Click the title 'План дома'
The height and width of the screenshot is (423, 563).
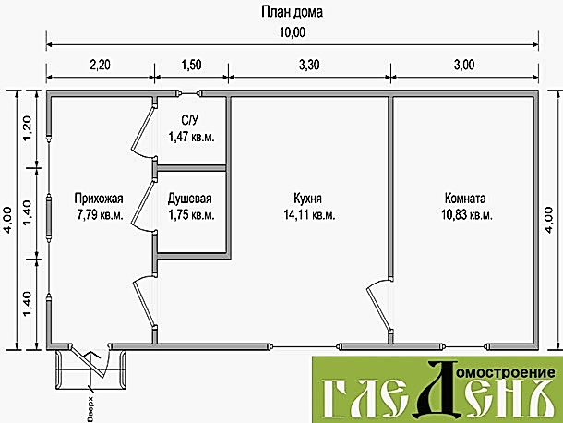coord(292,12)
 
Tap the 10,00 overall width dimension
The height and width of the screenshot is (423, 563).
coord(293,32)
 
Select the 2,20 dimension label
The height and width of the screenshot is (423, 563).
coord(100,65)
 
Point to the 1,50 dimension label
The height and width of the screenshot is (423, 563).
coord(191,65)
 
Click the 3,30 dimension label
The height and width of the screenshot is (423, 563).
coord(309,65)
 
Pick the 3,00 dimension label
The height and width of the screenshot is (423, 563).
coord(464,65)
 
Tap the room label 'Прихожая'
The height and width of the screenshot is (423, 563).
coord(99,199)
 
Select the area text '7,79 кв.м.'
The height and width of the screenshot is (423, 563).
coord(100,215)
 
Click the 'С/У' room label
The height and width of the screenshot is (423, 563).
coord(189,120)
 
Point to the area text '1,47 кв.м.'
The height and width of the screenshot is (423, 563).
coord(191,137)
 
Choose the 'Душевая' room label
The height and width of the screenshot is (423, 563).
coord(190,199)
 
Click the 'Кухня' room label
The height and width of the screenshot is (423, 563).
coord(307,199)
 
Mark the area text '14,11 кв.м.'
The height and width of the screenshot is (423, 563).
coord(309,215)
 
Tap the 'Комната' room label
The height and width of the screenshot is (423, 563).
coord(465,199)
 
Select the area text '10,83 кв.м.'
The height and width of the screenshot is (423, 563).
coord(467,215)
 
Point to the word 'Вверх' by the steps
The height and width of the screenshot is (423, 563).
coord(90,409)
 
